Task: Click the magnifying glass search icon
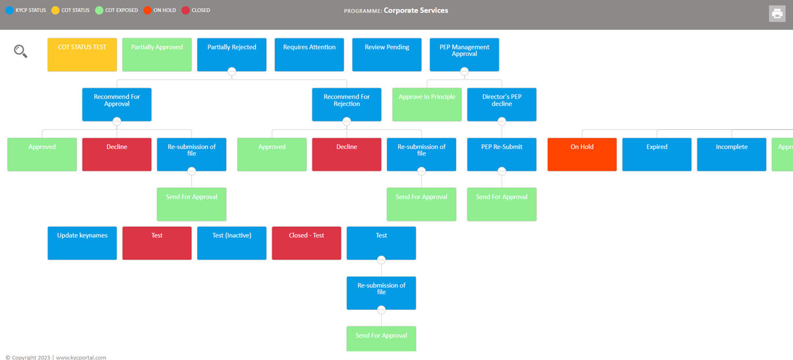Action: click(x=20, y=51)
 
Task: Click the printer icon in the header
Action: click(x=777, y=14)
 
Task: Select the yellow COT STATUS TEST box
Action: click(x=82, y=54)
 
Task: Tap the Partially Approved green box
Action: click(x=157, y=54)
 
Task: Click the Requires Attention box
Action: click(x=309, y=54)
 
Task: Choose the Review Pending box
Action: click(x=387, y=54)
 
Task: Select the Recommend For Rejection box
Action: click(x=347, y=104)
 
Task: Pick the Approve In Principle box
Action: click(x=426, y=104)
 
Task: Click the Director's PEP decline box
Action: click(x=502, y=104)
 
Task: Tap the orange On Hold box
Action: click(x=582, y=154)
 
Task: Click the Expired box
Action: click(x=657, y=154)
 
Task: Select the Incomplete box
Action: click(x=732, y=154)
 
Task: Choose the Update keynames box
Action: click(x=82, y=243)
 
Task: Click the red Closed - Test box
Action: click(x=307, y=243)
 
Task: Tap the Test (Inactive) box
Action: click(x=231, y=243)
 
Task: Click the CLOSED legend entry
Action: click(x=196, y=11)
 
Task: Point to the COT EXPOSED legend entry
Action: click(x=117, y=11)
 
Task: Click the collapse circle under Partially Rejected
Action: click(x=231, y=71)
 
